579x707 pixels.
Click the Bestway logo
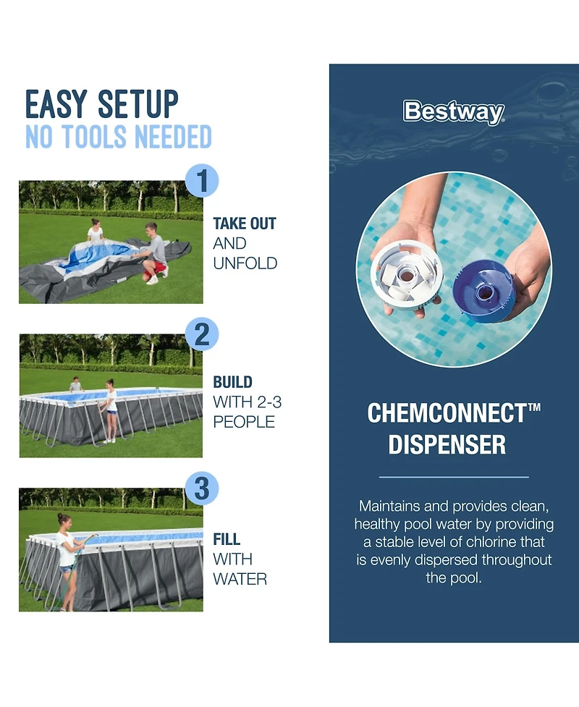click(x=454, y=112)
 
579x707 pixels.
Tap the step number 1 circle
click(x=202, y=180)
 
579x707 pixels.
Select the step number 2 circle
click(x=202, y=334)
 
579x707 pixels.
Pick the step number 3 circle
click(x=202, y=488)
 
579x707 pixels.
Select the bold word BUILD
click(x=232, y=382)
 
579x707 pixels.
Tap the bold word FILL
click(x=227, y=539)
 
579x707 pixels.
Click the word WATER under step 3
click(x=240, y=579)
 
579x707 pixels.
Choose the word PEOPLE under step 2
click(x=244, y=422)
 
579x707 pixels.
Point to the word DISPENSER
click(x=447, y=444)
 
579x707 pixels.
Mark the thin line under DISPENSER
click(x=454, y=478)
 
